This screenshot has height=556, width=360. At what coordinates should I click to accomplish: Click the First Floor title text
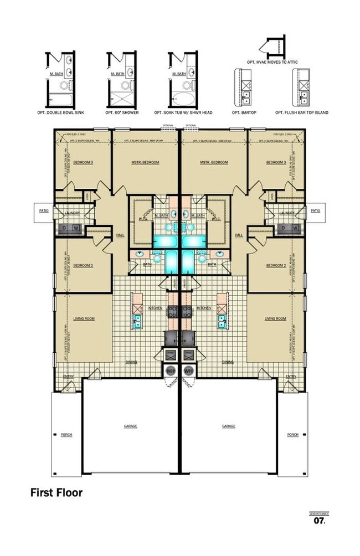[x=56, y=492]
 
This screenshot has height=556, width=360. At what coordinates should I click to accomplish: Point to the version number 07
[x=318, y=521]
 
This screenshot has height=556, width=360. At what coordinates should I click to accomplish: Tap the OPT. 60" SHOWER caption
[x=122, y=112]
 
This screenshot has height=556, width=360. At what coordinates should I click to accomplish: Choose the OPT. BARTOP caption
[x=243, y=112]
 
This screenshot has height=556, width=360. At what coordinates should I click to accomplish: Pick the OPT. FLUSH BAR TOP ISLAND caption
[x=301, y=112]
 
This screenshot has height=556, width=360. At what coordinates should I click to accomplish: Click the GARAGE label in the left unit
[x=131, y=426]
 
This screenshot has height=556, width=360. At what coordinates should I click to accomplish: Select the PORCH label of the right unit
[x=293, y=435]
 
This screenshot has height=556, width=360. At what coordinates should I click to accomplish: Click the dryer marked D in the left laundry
[x=63, y=227]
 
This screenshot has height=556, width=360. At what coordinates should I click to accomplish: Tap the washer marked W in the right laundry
[x=295, y=227]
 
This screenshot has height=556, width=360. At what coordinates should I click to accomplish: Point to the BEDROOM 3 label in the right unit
[x=275, y=162]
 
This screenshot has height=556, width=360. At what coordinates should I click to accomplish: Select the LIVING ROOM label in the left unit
[x=85, y=318]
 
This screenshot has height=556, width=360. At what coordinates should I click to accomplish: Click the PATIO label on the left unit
[x=44, y=210]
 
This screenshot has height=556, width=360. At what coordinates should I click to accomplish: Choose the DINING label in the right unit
[x=228, y=362]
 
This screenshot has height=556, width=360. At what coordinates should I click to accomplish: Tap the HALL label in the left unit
[x=120, y=235]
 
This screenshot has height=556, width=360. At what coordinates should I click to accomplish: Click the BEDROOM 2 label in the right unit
[x=275, y=265]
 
